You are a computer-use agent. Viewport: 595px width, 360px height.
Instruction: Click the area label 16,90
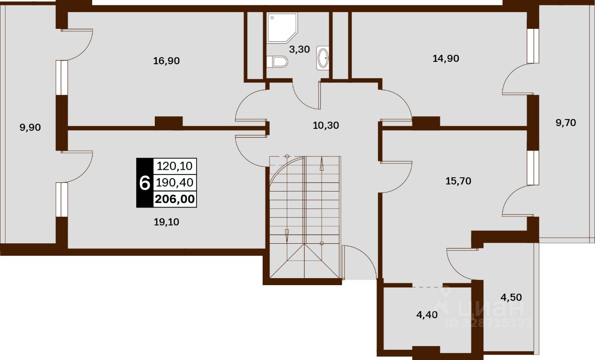[166, 61]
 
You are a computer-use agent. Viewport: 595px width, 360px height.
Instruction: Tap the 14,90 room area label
[446, 59]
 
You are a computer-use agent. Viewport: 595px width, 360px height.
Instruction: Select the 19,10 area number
[166, 222]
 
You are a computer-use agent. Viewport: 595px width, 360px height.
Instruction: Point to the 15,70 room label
[458, 181]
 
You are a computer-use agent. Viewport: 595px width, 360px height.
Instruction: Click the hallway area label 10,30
[326, 125]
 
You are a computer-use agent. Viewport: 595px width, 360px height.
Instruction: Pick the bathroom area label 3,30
[299, 49]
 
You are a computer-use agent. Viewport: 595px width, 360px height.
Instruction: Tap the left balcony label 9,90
[30, 127]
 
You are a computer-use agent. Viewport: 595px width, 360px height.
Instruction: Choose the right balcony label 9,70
[566, 123]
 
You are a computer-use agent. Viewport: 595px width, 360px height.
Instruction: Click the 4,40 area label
[427, 315]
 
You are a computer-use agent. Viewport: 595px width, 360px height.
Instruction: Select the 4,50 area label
[511, 297]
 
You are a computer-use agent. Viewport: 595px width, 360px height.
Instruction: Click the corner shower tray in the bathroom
[282, 27]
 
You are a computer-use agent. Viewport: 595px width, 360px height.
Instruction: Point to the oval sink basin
[323, 58]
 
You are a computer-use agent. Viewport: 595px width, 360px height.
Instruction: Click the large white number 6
[145, 183]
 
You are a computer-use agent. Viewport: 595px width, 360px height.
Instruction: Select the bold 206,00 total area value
[175, 199]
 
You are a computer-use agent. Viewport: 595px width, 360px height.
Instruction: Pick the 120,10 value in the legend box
[175, 166]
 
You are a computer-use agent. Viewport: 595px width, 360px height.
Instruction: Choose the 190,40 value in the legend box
[175, 182]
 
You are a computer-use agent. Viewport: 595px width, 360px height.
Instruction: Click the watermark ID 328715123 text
[489, 323]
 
